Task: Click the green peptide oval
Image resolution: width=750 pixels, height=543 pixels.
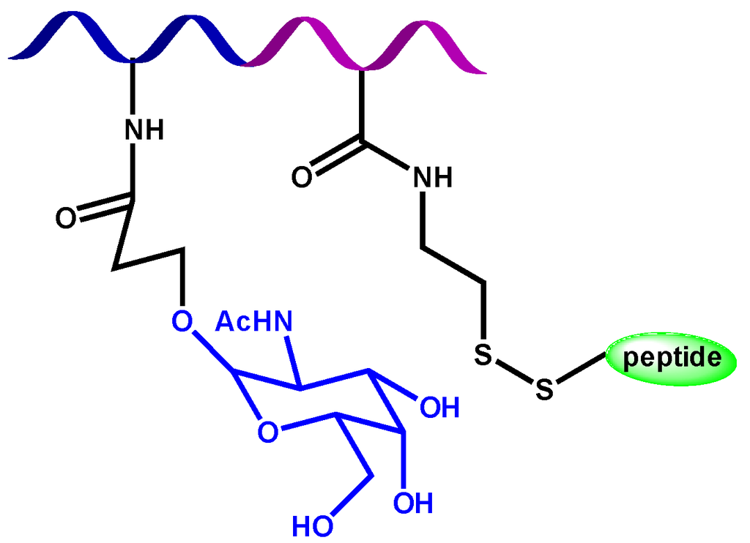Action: [669, 359]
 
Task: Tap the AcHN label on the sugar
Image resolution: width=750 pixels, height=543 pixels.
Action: [253, 321]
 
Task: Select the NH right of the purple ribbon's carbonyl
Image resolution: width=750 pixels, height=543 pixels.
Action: [432, 176]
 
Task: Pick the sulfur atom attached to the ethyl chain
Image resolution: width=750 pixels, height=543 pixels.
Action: [481, 355]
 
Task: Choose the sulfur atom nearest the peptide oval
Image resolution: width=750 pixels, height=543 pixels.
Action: [543, 389]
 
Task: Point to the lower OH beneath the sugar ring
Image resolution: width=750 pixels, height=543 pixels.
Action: [413, 503]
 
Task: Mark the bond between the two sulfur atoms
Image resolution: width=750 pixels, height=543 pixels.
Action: [513, 372]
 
